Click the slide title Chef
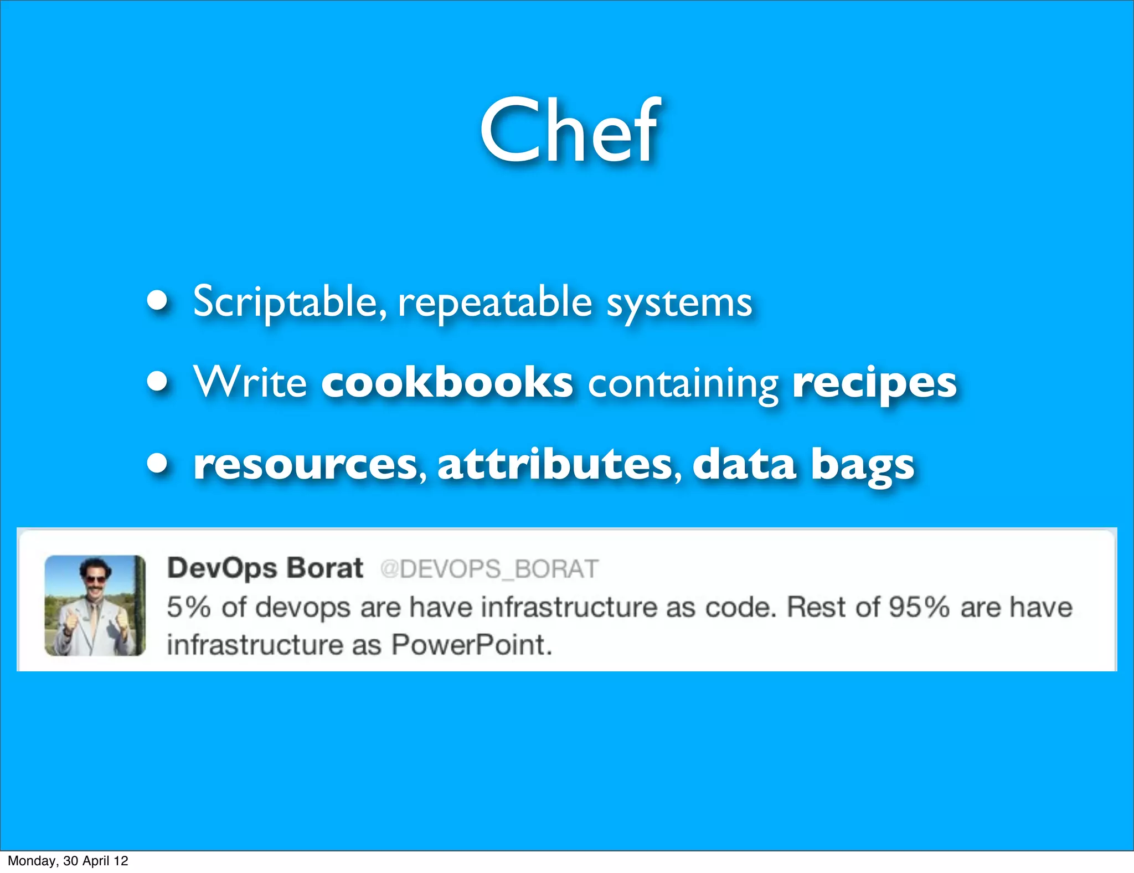tap(570, 131)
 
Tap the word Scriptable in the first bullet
tap(285, 302)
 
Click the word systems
tap(679, 304)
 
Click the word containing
tap(683, 384)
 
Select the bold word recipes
tap(874, 384)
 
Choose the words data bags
tap(803, 465)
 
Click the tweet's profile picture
tap(95, 605)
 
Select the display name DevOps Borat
tap(265, 568)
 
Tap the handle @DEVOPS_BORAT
tap(489, 569)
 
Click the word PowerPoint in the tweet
tap(471, 645)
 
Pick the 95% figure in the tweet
tap(919, 607)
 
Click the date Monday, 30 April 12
tap(68, 861)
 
